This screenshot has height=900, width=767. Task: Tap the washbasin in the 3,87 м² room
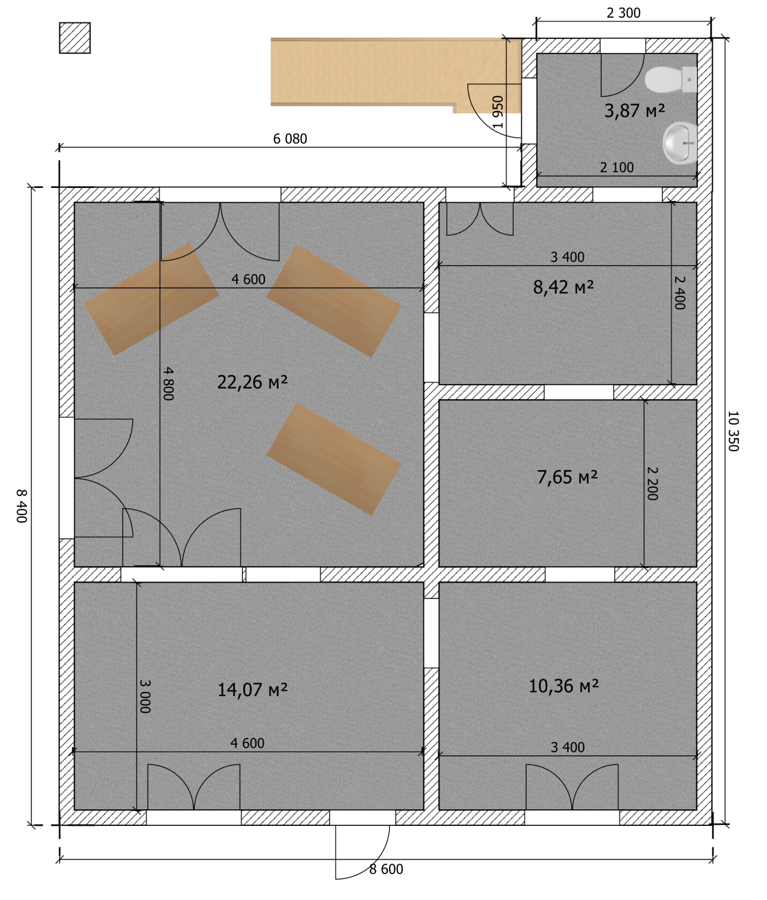click(x=680, y=143)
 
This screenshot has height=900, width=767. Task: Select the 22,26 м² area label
click(x=252, y=382)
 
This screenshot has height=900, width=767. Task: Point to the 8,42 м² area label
click(x=563, y=287)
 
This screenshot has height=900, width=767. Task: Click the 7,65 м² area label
click(x=567, y=477)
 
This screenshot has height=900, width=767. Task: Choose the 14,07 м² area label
click(x=252, y=689)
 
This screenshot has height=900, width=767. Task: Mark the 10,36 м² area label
click(x=563, y=686)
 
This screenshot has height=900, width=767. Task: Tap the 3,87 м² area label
click(x=634, y=111)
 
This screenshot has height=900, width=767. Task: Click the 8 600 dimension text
click(x=386, y=869)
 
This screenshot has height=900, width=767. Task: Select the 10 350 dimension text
click(x=733, y=431)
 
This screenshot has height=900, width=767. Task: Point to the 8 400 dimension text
click(x=21, y=506)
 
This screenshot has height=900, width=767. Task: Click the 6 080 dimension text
click(x=290, y=139)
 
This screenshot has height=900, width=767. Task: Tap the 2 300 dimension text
click(x=623, y=13)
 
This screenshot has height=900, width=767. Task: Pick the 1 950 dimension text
click(x=498, y=112)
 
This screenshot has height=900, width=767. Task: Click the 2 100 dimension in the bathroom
click(x=617, y=168)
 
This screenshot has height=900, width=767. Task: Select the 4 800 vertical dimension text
click(x=168, y=384)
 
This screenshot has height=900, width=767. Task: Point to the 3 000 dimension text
click(x=144, y=697)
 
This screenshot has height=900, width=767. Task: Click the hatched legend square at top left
click(x=75, y=38)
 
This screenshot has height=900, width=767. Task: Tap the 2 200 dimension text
click(x=652, y=484)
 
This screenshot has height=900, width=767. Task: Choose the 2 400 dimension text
click(x=680, y=293)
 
